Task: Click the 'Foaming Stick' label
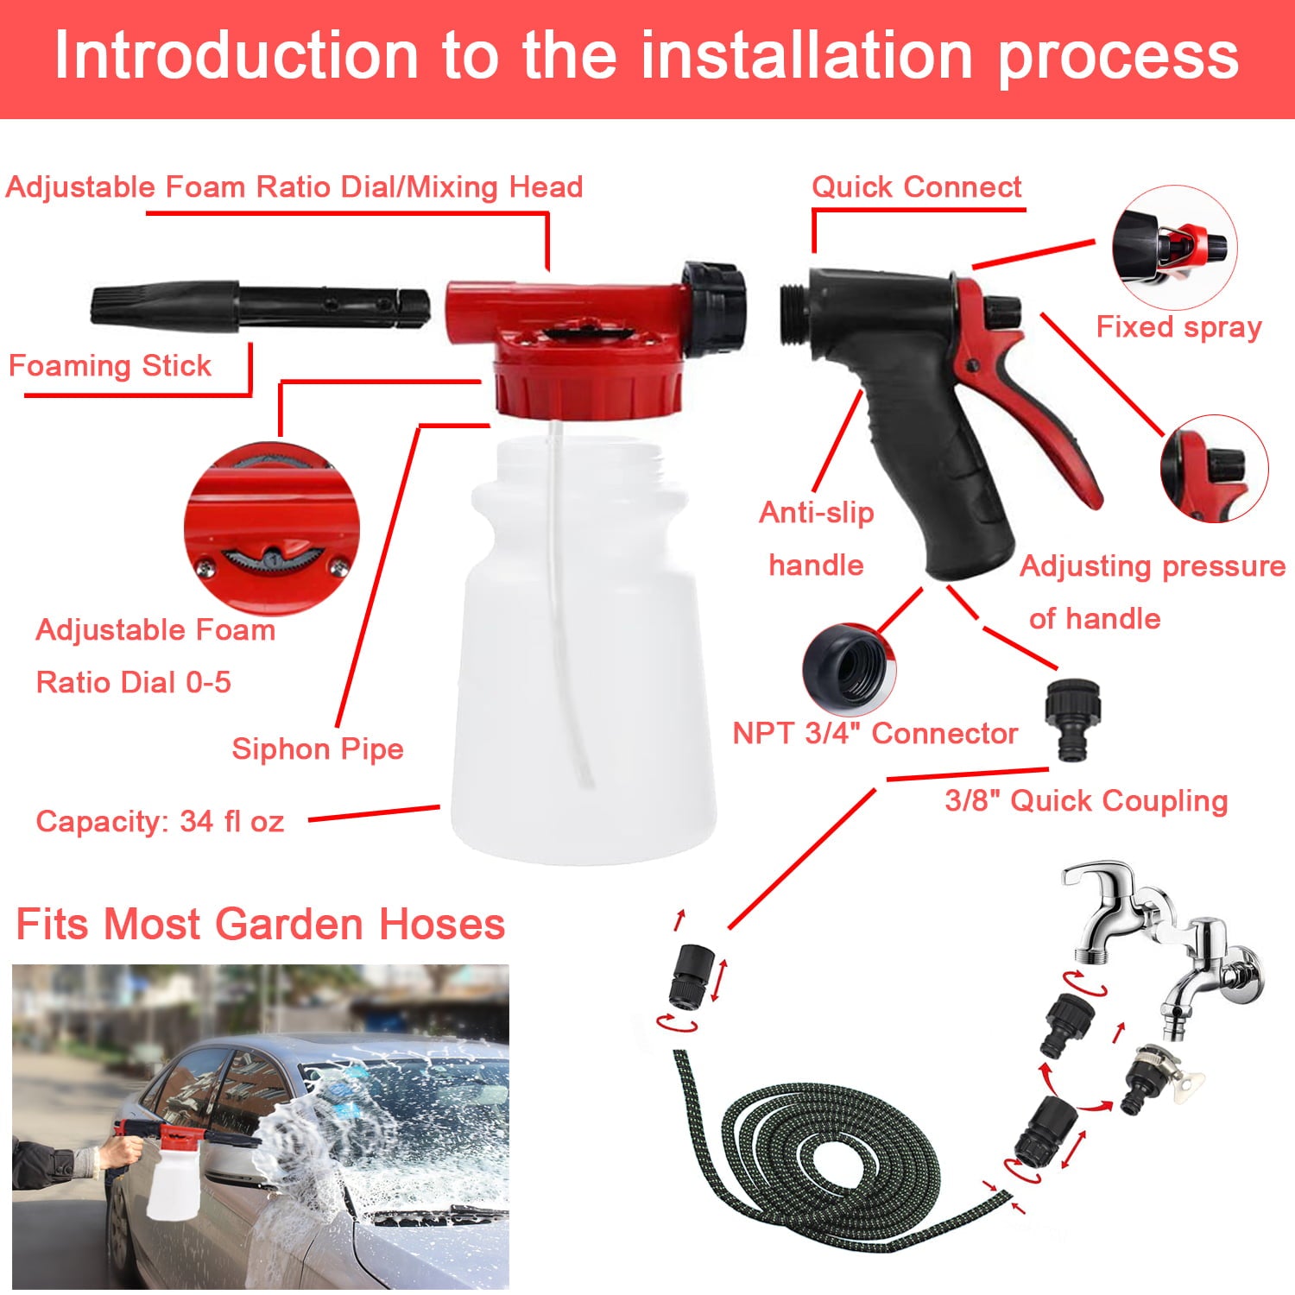(110, 366)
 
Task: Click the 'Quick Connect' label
(916, 187)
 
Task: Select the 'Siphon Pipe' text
(317, 749)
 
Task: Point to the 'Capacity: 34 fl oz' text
(160, 821)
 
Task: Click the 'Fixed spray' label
(1178, 327)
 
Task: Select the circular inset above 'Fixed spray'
(1174, 247)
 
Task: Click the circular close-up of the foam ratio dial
(271, 529)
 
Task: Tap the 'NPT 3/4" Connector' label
(875, 734)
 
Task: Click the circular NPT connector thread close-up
(849, 667)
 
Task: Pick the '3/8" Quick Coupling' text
(1085, 800)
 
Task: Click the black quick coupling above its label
(1072, 719)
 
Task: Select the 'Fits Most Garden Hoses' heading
(260, 925)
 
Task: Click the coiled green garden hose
(829, 1157)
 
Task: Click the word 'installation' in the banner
(808, 56)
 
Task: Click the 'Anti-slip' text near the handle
(816, 513)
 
